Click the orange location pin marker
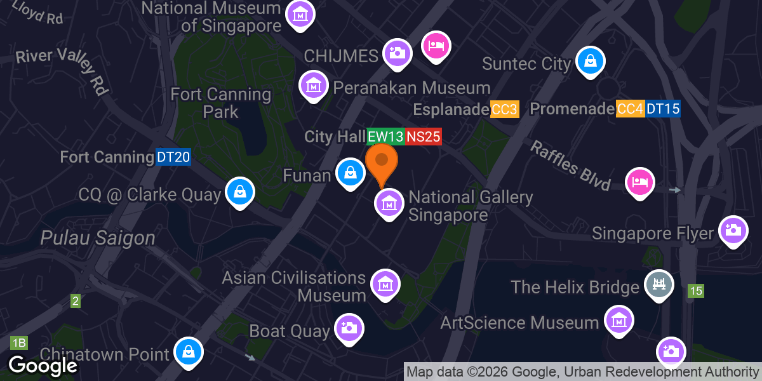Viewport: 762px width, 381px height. [x=382, y=161]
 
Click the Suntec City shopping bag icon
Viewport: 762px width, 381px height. [x=590, y=62]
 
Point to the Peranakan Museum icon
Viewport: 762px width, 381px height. [x=313, y=85]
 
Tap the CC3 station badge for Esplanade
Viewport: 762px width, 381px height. [x=505, y=109]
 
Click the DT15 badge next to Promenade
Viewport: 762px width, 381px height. [x=663, y=109]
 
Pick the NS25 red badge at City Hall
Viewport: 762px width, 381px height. [x=423, y=137]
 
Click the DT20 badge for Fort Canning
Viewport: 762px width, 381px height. [x=173, y=157]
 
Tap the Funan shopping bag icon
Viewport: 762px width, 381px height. [x=350, y=172]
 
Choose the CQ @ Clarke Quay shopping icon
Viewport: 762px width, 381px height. [x=240, y=191]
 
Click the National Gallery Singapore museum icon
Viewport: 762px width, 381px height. [x=389, y=204]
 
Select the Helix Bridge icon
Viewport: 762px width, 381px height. [x=659, y=284]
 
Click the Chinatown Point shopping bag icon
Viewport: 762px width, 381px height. [x=189, y=351]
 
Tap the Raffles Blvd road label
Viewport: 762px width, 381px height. [x=570, y=166]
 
